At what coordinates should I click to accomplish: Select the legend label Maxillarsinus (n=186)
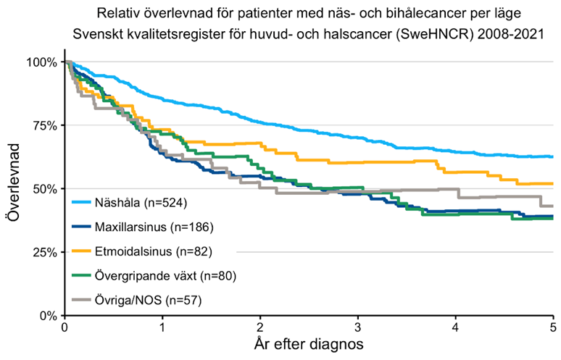tap(151, 227)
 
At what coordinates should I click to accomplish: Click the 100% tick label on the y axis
tap(41, 62)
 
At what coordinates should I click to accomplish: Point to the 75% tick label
tap(44, 125)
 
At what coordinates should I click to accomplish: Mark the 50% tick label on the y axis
tap(44, 189)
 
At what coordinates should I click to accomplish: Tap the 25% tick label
tap(44, 253)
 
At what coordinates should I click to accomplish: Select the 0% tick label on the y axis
tap(47, 316)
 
